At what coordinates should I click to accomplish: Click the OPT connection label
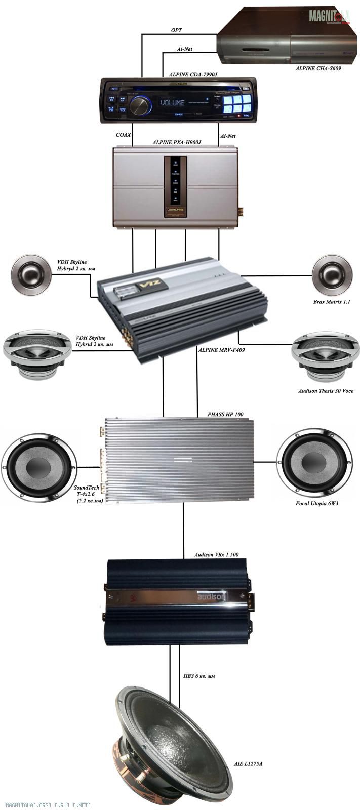point(176,31)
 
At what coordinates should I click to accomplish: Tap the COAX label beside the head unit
point(123,135)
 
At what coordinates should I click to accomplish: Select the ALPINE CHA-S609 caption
point(317,67)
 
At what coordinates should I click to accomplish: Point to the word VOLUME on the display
point(172,103)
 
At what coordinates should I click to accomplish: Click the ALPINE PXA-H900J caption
point(177,142)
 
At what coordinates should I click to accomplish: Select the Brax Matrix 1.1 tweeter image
point(332,276)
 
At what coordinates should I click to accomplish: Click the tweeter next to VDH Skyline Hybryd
point(31,276)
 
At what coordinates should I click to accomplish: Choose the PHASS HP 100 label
point(225,414)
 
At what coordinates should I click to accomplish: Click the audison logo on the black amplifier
point(211,598)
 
